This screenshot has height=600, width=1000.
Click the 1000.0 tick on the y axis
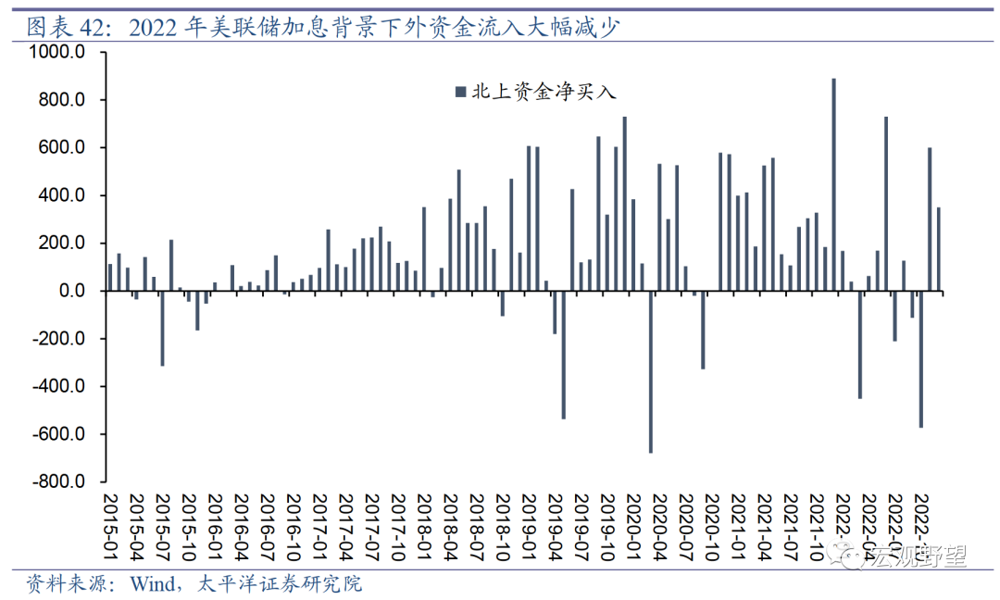(56, 53)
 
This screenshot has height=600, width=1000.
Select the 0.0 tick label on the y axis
(71, 291)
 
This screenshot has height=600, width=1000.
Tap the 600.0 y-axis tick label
(61, 148)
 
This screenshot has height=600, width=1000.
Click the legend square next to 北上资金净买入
(459, 92)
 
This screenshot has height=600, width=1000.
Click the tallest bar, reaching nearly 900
(833, 185)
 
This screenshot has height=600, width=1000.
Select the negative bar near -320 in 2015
(162, 329)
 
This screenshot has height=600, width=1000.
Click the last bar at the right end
(938, 249)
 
